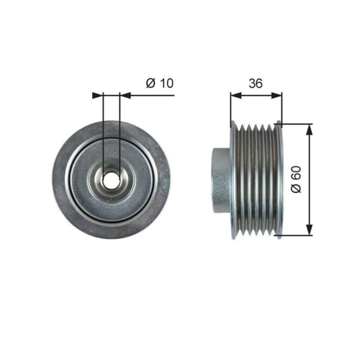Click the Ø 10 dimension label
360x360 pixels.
coord(160,83)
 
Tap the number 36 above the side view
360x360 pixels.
coord(256,83)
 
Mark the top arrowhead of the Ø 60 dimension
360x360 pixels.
coord(310,128)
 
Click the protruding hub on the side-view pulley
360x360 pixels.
coord(220,179)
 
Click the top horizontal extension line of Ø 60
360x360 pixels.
coord(295,124)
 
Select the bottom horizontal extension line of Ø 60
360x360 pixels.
coord(295,234)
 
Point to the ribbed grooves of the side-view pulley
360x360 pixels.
coord(256,179)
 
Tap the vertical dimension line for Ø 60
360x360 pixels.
coord(310,155)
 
